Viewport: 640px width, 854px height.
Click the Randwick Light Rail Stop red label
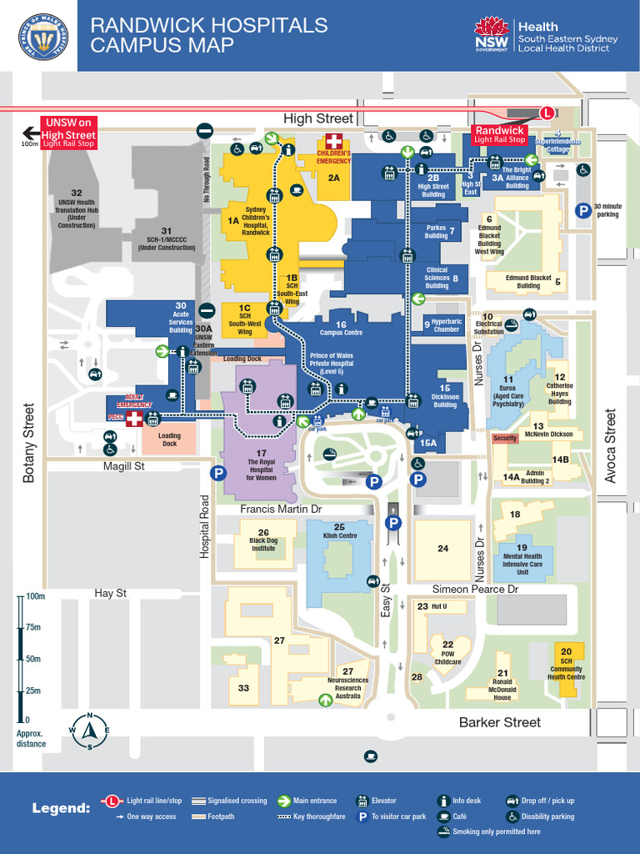pos(499,134)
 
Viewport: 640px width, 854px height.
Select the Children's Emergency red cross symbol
pos(333,141)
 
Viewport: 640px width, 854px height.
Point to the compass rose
pos(88,733)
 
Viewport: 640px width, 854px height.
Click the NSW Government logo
pos(492,34)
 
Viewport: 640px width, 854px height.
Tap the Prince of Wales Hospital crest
pos(43,36)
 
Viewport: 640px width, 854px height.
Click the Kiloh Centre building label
pos(339,531)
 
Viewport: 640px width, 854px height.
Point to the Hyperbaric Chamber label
pos(446,325)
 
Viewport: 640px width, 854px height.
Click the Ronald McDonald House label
pos(502,686)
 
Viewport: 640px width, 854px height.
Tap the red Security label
pos(505,438)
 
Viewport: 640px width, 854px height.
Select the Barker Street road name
pos(500,722)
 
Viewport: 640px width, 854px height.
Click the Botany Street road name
pos(30,443)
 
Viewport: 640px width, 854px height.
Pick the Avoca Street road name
pos(611,445)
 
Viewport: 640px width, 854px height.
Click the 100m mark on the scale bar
pos(34,596)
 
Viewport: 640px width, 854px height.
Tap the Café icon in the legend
pos(444,816)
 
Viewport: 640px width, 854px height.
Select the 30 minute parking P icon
pos(584,212)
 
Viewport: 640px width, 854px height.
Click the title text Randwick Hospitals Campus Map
pos(208,35)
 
